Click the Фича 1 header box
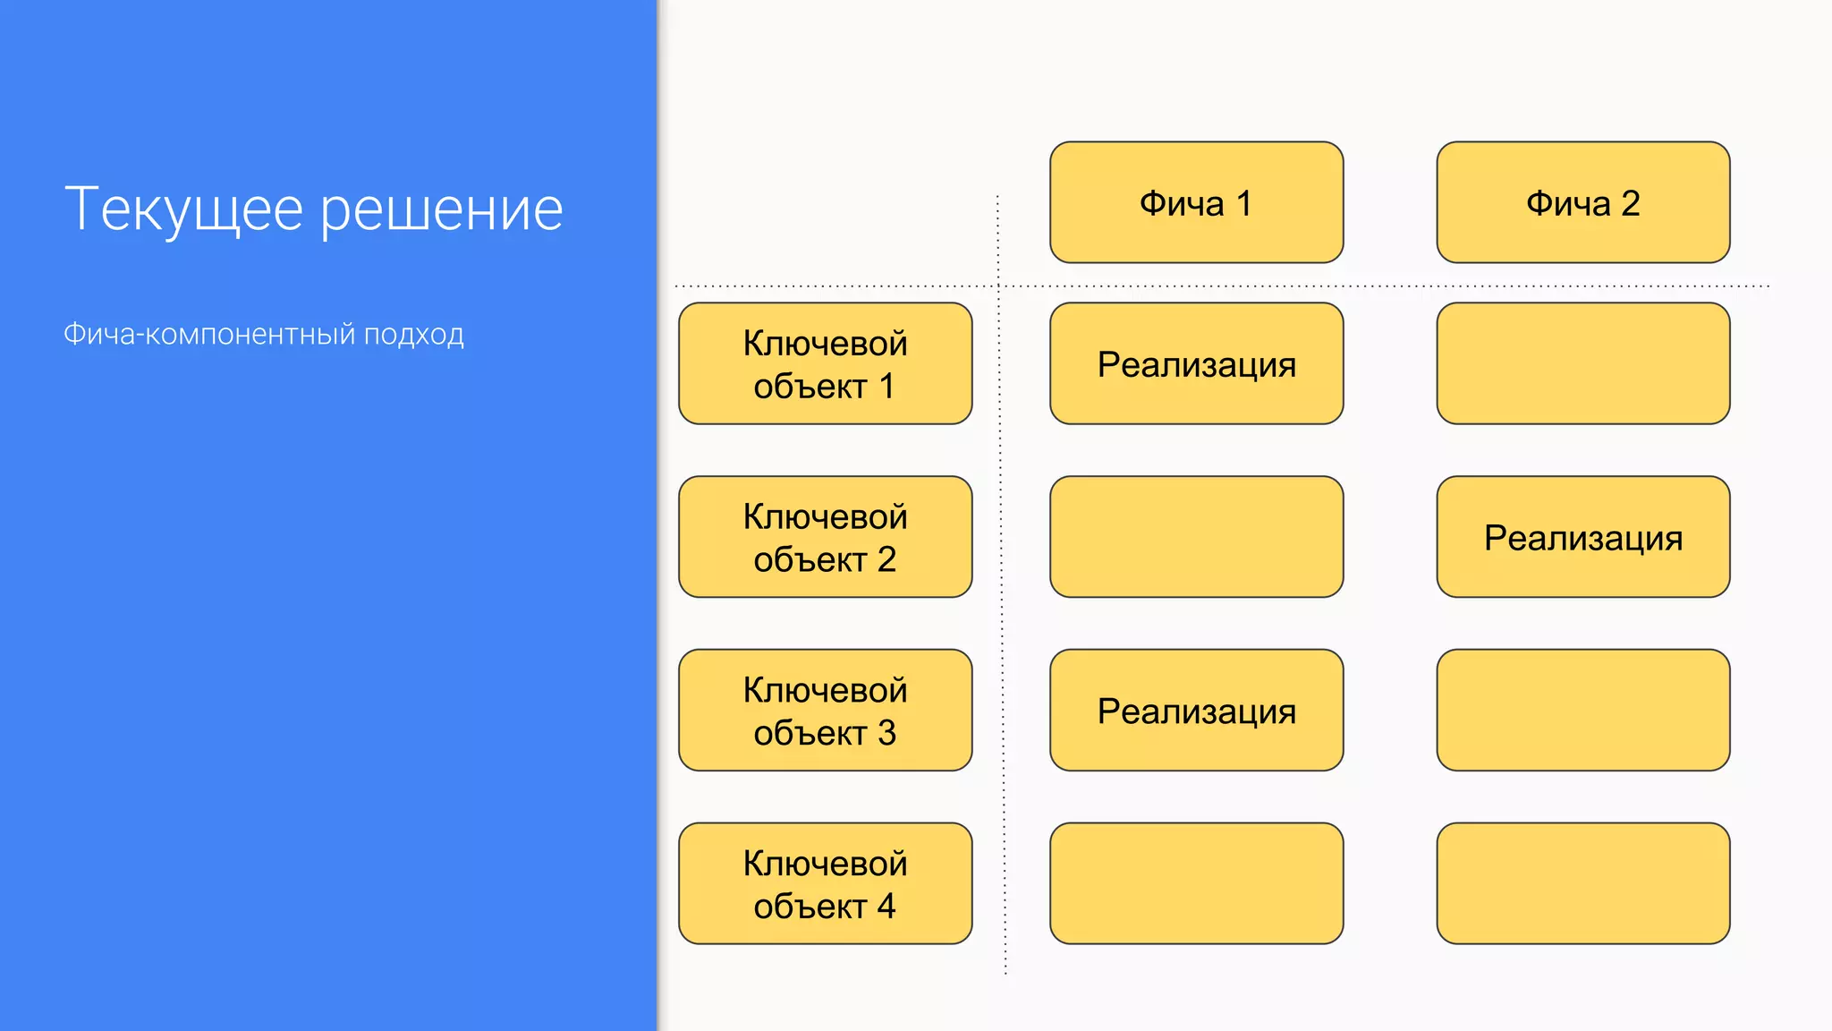1196,202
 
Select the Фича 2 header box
1582,202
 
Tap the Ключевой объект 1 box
825,363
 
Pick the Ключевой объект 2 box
825,537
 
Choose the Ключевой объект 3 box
825,711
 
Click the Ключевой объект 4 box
825,883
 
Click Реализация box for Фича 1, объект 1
1196,363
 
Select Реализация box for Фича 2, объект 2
1582,537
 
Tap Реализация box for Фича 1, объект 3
1196,711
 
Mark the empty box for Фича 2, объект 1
1582,363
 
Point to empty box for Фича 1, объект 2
1196,537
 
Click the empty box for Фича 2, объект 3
1582,711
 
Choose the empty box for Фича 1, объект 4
1196,883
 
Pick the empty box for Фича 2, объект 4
1582,883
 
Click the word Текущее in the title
184,209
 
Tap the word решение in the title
442,209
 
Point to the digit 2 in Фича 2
1630,203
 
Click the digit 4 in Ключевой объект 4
886,907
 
